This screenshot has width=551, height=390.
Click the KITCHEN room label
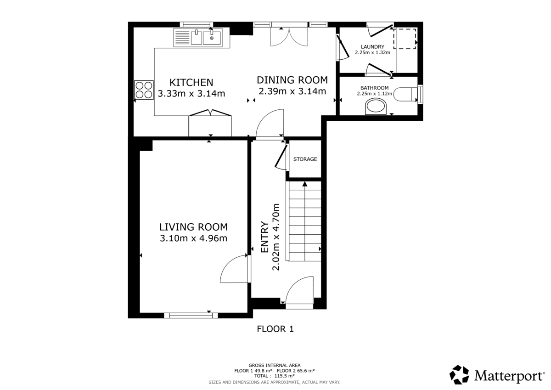(191, 83)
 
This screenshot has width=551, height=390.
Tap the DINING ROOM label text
(292, 79)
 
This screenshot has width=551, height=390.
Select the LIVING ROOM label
(193, 226)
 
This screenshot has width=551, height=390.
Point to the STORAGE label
(305, 159)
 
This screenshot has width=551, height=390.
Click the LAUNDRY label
(372, 47)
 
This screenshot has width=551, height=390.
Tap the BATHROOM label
(374, 88)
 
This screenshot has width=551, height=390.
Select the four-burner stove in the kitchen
(144, 90)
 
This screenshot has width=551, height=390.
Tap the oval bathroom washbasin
(377, 107)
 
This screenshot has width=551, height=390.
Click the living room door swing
(235, 270)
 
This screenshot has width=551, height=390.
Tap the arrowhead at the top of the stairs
(304, 184)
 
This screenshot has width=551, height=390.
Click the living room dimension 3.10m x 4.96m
(193, 238)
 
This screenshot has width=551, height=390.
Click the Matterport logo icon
(459, 374)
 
